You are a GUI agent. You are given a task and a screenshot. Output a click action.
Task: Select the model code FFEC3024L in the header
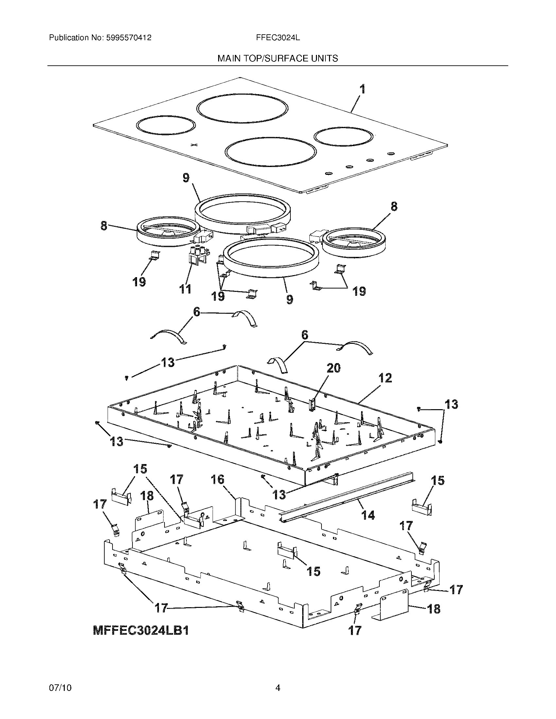278,38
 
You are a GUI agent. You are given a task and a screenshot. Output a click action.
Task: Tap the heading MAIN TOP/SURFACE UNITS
278,59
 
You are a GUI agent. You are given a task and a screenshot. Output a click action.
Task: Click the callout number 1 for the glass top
362,89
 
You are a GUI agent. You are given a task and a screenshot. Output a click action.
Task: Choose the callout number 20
334,368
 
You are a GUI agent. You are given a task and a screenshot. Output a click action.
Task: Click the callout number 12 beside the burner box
385,378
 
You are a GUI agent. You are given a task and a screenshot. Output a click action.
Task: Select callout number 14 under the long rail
368,515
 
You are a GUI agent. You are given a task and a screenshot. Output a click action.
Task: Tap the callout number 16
217,480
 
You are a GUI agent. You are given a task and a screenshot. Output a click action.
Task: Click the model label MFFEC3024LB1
141,630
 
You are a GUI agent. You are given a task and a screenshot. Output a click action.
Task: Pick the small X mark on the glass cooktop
195,145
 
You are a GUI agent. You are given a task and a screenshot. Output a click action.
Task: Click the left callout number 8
104,226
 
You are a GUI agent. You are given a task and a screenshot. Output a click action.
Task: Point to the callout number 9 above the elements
186,178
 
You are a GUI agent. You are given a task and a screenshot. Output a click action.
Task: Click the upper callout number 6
197,311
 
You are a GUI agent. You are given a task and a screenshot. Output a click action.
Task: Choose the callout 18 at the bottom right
434,609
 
